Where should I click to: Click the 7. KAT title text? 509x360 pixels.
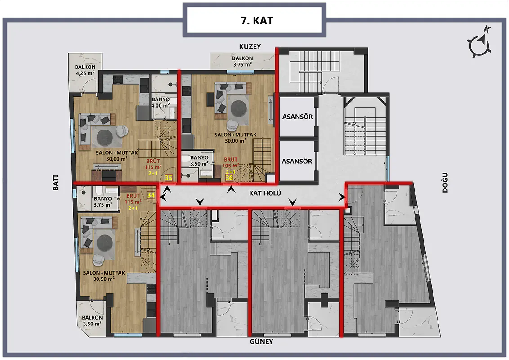pos(257,20)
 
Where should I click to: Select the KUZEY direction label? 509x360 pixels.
pos(250,46)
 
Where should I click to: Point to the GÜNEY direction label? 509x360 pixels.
pos(261,342)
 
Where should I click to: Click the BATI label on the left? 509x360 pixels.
pos(55,183)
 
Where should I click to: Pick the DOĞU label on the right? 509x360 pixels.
pos(445,183)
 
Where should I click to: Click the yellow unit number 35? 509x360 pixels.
pos(169,178)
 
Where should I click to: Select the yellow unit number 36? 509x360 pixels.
pos(229,178)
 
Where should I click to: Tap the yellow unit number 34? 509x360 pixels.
pos(151,195)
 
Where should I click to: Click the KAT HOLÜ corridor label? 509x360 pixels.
pos(265,193)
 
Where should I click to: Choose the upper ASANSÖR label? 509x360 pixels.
pos(297,117)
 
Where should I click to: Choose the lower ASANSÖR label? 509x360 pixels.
pos(297,161)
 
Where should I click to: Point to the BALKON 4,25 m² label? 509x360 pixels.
pos(85,70)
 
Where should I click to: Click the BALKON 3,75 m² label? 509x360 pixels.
pos(242,61)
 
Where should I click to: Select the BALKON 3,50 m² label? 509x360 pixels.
pos(92,321)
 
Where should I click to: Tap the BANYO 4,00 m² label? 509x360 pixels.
pos(161,102)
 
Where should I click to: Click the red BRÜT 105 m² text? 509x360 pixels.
pos(231,162)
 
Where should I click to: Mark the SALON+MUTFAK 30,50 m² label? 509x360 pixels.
pos(104,276)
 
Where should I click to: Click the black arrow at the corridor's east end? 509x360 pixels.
pos(341,197)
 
